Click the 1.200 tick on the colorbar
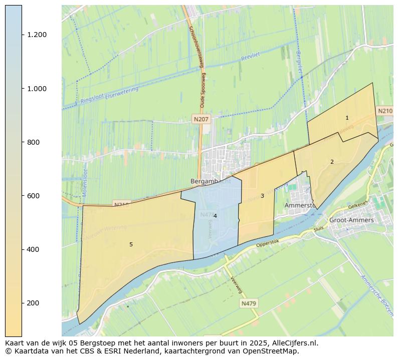point(37,35)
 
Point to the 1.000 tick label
point(37,89)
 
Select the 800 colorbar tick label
point(33,142)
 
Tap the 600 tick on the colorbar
point(33,196)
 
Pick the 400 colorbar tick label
point(33,249)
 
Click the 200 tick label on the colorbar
point(33,303)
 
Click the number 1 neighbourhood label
point(347,118)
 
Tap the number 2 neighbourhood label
point(332,162)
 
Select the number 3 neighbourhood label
point(262,196)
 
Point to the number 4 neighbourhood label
point(215,216)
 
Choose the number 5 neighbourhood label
point(131,244)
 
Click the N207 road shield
point(201,119)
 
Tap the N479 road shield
point(248,303)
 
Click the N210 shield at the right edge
point(385,111)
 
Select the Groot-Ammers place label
point(351,220)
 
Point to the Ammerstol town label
point(300,205)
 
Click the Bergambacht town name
point(211,181)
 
